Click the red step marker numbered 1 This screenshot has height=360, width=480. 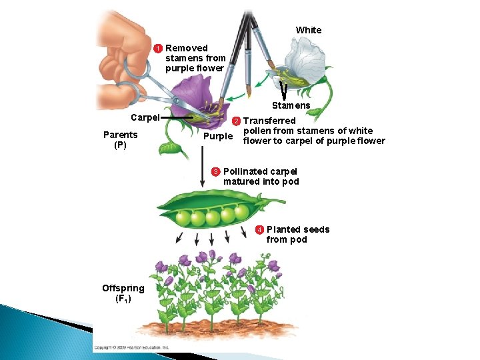tap(159, 49)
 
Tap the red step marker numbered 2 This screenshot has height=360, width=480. tap(235, 121)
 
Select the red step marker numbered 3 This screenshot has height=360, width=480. tap(216, 172)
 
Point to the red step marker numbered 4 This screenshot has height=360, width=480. tap(259, 230)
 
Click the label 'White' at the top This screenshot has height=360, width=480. tap(309, 30)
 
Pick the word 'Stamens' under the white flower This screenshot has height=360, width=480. tap(291, 105)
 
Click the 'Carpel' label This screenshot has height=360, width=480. tap(145, 117)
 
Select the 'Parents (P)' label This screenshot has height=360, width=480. tap(121, 140)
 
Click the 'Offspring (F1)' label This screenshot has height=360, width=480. tap(123, 293)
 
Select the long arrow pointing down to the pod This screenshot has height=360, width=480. tap(203, 167)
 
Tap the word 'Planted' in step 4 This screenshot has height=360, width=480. tap(284, 230)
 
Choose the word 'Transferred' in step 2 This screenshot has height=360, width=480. tap(269, 121)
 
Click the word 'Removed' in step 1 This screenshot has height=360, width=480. tap(187, 48)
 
